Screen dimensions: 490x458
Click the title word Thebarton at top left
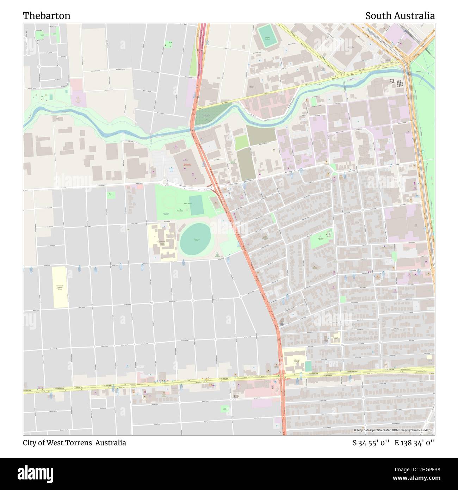47,16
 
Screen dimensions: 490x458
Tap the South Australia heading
400,16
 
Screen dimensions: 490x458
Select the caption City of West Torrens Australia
74,443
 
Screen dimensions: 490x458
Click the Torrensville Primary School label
60,287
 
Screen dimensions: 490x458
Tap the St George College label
295,360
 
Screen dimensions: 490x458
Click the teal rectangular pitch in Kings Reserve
196,206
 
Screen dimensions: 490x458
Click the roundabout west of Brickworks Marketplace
166,182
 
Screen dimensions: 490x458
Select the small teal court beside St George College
308,366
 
